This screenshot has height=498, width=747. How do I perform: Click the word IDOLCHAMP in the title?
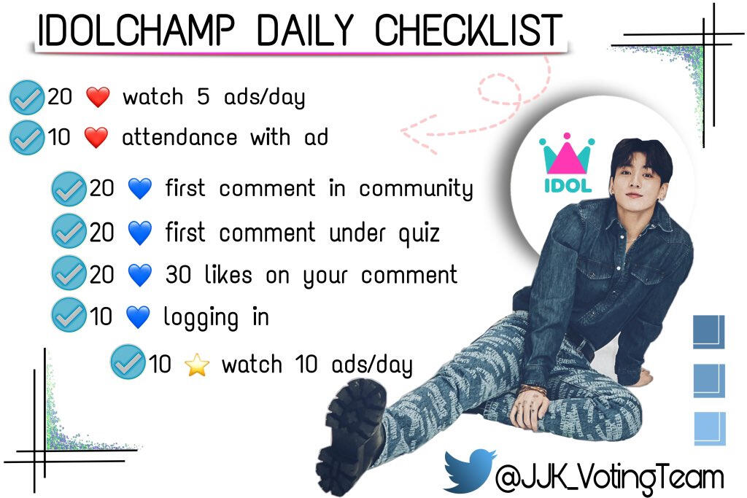[x=136, y=31]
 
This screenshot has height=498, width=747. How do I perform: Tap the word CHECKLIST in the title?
[x=468, y=31]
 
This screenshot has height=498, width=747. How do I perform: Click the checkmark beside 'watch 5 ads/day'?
[x=27, y=98]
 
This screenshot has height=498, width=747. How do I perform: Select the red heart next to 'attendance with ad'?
[x=96, y=138]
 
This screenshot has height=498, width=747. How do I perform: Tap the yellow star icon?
[x=197, y=365]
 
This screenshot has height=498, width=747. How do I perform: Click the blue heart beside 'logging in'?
[x=138, y=318]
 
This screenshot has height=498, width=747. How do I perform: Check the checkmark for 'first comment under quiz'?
[x=69, y=231]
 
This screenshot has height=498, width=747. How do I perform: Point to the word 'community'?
[x=416, y=190]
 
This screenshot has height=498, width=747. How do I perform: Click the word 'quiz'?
[x=419, y=234]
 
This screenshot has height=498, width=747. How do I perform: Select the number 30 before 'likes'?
[x=178, y=275]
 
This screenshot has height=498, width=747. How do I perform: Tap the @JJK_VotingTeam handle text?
[x=609, y=477]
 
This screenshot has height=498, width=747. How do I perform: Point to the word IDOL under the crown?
[x=568, y=186]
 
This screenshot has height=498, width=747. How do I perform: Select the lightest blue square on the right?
[x=710, y=429]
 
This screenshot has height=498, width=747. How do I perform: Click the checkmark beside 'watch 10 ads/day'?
[x=128, y=362]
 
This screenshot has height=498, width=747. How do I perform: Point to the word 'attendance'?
[x=179, y=138]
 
